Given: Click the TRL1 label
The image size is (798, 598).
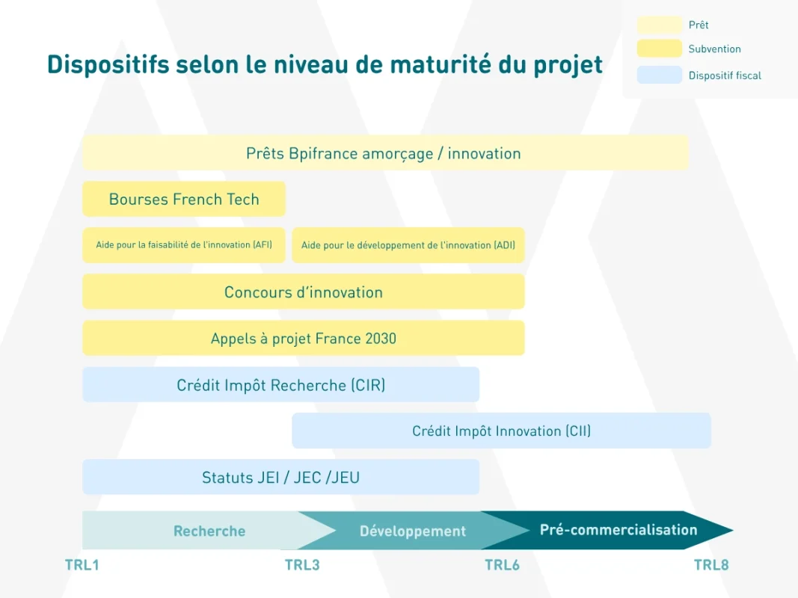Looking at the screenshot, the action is pyautogui.click(x=82, y=565).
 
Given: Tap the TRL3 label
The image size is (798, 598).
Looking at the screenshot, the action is pyautogui.click(x=302, y=565).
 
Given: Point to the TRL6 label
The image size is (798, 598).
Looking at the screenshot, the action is pyautogui.click(x=502, y=565).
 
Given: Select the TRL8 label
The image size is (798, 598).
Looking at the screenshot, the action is pyautogui.click(x=711, y=565).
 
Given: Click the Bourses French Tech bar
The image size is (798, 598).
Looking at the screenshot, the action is pyautogui.click(x=184, y=199).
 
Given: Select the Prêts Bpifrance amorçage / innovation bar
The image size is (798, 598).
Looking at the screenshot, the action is pyautogui.click(x=385, y=152).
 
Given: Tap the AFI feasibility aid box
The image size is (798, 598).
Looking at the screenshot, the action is pyautogui.click(x=184, y=245).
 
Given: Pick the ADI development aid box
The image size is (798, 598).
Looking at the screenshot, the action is pyautogui.click(x=408, y=245).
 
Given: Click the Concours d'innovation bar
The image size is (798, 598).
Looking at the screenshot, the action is pyautogui.click(x=304, y=292).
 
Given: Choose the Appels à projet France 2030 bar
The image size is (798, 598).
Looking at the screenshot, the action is pyautogui.click(x=304, y=338).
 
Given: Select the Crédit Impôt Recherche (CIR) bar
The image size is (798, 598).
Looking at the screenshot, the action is pyautogui.click(x=281, y=384).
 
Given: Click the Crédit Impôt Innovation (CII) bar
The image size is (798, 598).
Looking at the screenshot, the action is pyautogui.click(x=501, y=431).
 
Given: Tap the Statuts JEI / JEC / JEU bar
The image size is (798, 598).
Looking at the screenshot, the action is pyautogui.click(x=281, y=477).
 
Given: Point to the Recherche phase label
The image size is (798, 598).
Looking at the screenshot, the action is pyautogui.click(x=209, y=531).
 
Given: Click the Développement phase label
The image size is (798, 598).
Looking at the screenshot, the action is pyautogui.click(x=413, y=531).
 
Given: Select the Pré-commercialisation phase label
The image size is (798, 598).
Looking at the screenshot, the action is pyautogui.click(x=619, y=530).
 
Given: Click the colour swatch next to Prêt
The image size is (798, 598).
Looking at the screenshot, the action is pyautogui.click(x=659, y=25).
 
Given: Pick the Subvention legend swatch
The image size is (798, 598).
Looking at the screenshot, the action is pyautogui.click(x=659, y=49).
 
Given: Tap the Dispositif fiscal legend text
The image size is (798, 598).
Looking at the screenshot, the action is pyautogui.click(x=725, y=75).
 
